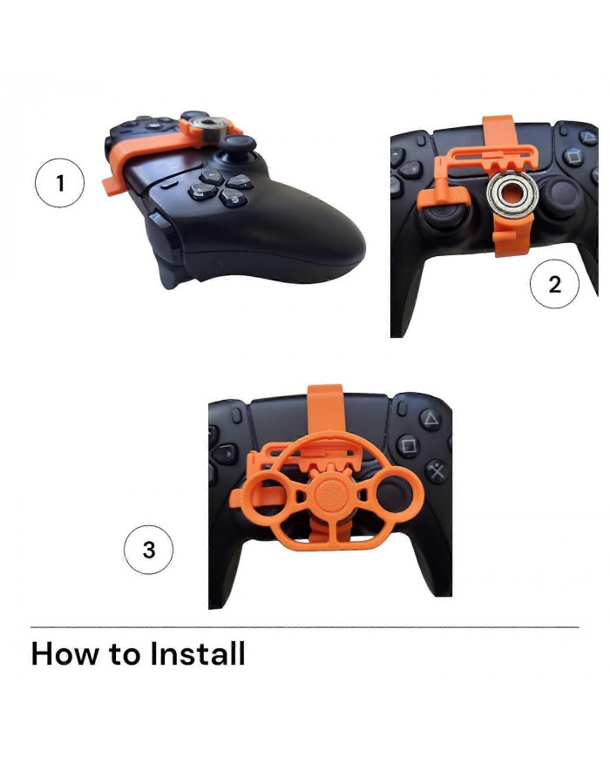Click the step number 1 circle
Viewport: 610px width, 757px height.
pos(60,185)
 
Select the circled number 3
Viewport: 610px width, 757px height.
pos(149,551)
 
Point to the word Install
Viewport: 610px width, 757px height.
pos(198,653)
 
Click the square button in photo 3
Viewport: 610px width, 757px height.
pos(407,446)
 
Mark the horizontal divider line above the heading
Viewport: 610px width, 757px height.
pos(304,626)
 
